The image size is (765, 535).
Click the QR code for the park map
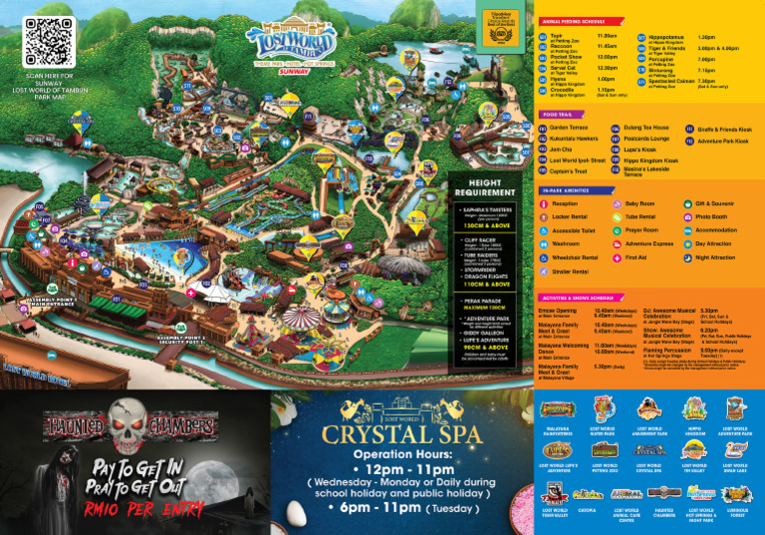(49, 43)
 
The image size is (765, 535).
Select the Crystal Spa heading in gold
(403, 434)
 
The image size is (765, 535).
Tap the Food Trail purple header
(559, 115)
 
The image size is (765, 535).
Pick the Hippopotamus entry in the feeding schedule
(665, 37)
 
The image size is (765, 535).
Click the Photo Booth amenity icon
(711, 216)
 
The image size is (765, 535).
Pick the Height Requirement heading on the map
(484, 187)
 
